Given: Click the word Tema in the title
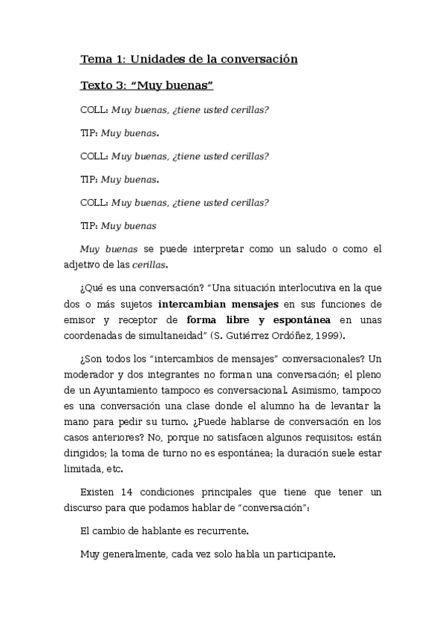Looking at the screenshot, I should pos(94,59).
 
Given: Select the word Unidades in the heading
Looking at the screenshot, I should pos(147,59).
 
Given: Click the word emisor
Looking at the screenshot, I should pos(97,320).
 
